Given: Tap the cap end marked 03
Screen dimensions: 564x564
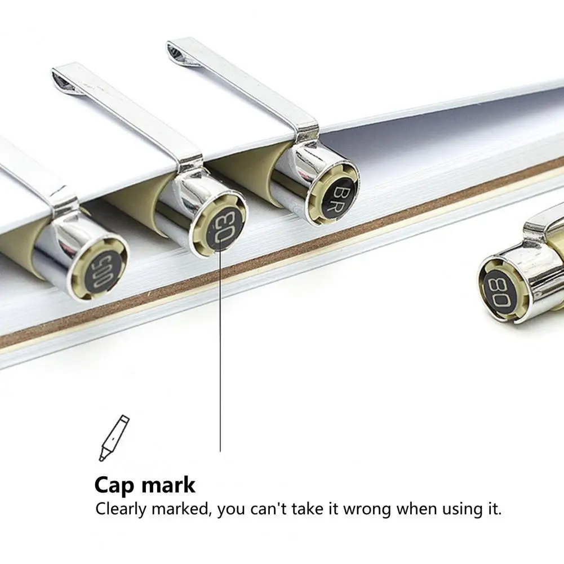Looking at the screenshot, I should click(220, 224).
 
